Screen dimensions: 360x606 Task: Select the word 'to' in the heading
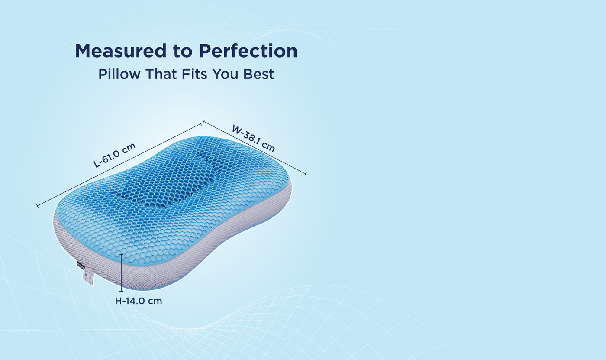point(183,51)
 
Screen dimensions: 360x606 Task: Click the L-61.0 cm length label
point(115,155)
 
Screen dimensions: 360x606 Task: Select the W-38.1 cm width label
point(253,138)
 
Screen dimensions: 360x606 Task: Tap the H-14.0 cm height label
point(139,301)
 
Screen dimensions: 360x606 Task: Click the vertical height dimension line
point(121,273)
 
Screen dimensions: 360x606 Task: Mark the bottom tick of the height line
point(121,291)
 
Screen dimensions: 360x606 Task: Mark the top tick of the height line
point(121,255)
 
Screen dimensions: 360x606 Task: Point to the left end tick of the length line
point(38,205)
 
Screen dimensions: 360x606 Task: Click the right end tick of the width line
point(305,174)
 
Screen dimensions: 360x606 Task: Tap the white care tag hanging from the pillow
point(88,277)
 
